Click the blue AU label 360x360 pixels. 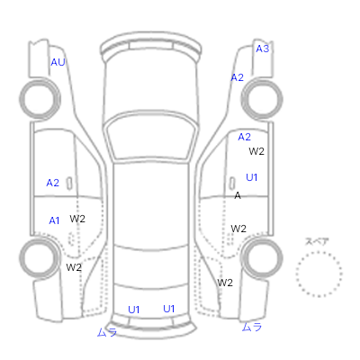(x=58, y=62)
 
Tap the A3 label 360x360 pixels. (x=263, y=49)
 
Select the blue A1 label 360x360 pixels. (x=54, y=220)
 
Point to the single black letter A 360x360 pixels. (x=238, y=195)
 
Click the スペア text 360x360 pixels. (x=317, y=241)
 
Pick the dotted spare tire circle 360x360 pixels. (x=319, y=252)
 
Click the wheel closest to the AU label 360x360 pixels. (x=40, y=99)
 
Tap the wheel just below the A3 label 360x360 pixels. (x=262, y=99)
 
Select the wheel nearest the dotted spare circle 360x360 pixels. (x=262, y=258)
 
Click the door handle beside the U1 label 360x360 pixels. (x=232, y=184)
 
